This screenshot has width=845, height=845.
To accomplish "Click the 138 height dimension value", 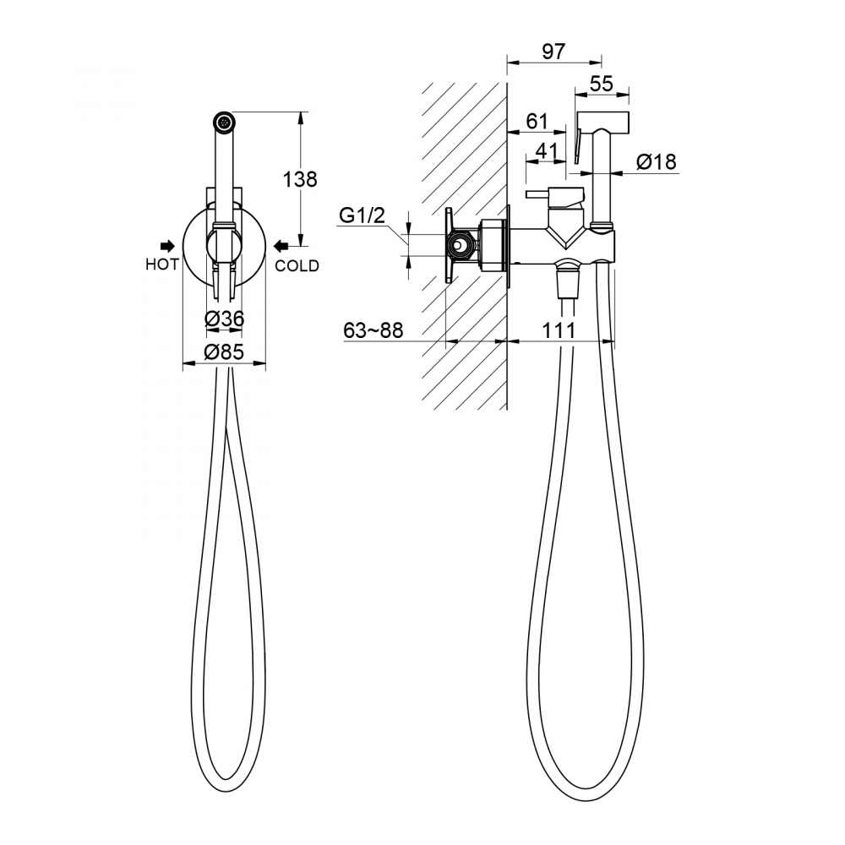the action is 300,179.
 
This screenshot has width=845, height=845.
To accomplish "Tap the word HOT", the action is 161,264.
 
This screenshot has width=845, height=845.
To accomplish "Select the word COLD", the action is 297,265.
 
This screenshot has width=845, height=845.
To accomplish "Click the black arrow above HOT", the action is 168,246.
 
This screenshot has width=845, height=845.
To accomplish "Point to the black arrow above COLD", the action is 281,246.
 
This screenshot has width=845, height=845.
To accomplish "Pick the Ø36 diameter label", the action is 224,319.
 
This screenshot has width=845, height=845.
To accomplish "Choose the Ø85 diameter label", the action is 224,352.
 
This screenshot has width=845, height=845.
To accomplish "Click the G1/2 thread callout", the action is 363,215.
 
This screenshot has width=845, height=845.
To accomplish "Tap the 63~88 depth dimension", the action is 373,330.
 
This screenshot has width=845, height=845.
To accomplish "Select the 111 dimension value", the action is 559,330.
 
